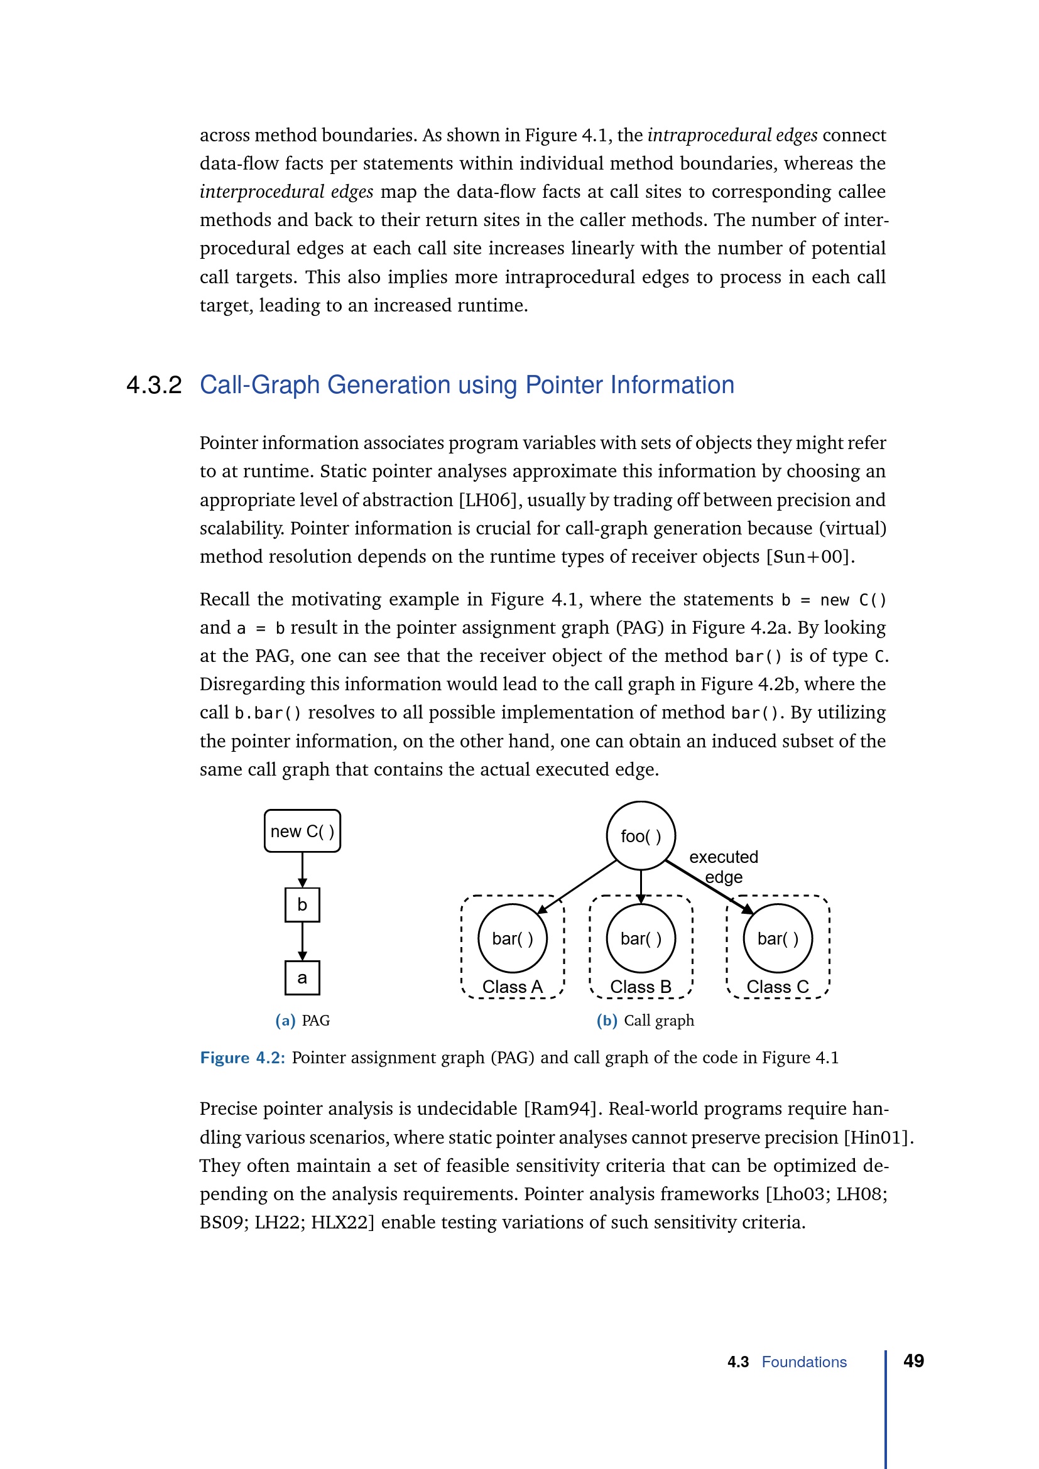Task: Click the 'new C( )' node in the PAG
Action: pos(302,831)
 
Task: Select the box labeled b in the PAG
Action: pos(302,904)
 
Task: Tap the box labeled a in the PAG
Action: pos(302,978)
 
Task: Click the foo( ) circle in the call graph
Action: pos(640,835)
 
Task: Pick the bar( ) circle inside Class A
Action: pos(513,938)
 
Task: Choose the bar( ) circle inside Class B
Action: pos(640,938)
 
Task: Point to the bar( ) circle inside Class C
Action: pos(777,938)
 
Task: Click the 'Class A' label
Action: pos(512,987)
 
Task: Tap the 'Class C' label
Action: pos(777,987)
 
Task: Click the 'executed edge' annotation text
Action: pos(724,866)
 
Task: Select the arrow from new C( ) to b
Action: pos(303,869)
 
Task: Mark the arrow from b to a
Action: pos(303,942)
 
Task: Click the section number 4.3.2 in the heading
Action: pos(154,385)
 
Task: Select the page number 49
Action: pos(913,1361)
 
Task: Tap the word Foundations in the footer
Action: pos(803,1362)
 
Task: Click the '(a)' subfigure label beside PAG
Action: pos(285,1021)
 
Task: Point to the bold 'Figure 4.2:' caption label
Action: pos(242,1058)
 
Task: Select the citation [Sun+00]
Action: pos(810,556)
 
